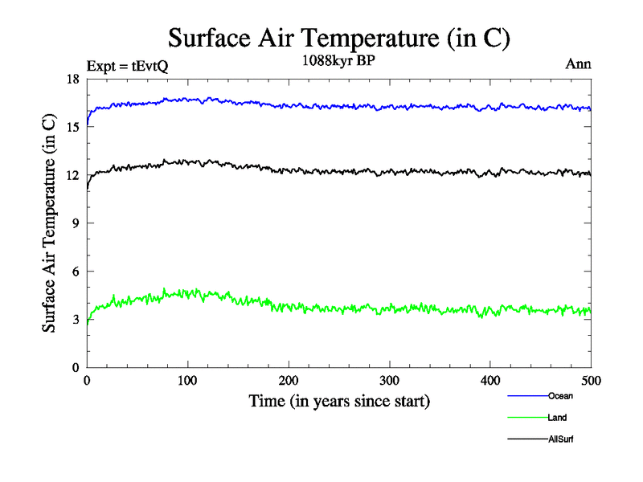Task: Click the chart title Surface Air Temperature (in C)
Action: pyautogui.click(x=339, y=39)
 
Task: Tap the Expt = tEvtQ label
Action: pyautogui.click(x=128, y=66)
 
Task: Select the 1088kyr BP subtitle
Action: pyautogui.click(x=338, y=62)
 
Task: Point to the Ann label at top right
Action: pyautogui.click(x=579, y=65)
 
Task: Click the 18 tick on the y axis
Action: pyautogui.click(x=72, y=79)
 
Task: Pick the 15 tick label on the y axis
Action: pyautogui.click(x=72, y=127)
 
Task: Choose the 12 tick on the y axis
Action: pyautogui.click(x=72, y=175)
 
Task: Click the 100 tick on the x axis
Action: pyautogui.click(x=187, y=381)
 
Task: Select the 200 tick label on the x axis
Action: pyautogui.click(x=289, y=381)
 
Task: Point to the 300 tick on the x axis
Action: pyautogui.click(x=389, y=381)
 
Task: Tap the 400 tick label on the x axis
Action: pyautogui.click(x=490, y=381)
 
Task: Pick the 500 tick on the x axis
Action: pyautogui.click(x=591, y=381)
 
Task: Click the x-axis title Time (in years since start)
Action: pyautogui.click(x=338, y=401)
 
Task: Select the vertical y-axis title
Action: pyautogui.click(x=50, y=223)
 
